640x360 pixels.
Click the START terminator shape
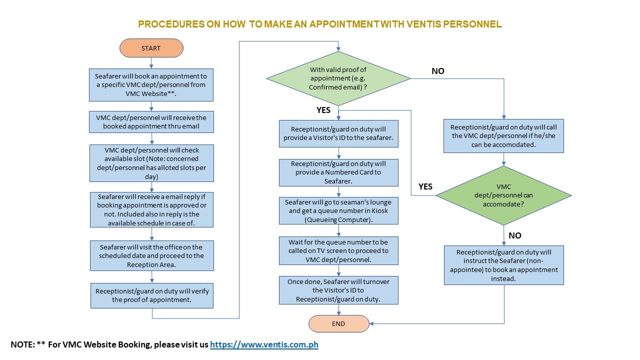point(151,48)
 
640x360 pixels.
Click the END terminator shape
point(338,323)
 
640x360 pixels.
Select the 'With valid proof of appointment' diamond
point(338,78)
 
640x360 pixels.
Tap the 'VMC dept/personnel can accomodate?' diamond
point(503,195)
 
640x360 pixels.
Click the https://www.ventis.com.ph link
point(264,344)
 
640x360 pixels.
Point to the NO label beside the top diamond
point(438,71)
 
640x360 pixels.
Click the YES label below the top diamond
point(323,110)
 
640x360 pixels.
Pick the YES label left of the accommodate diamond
point(425,186)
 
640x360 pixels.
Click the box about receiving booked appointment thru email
point(151,121)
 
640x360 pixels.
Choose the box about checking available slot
point(151,163)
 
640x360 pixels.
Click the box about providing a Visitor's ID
point(338,133)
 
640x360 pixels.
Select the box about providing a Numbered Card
point(338,172)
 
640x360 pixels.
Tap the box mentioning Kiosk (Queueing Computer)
point(338,210)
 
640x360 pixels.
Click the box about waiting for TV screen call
point(338,250)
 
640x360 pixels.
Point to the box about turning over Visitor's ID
point(338,290)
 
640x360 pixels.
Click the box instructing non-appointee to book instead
point(503,265)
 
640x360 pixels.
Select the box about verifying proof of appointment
point(151,295)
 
